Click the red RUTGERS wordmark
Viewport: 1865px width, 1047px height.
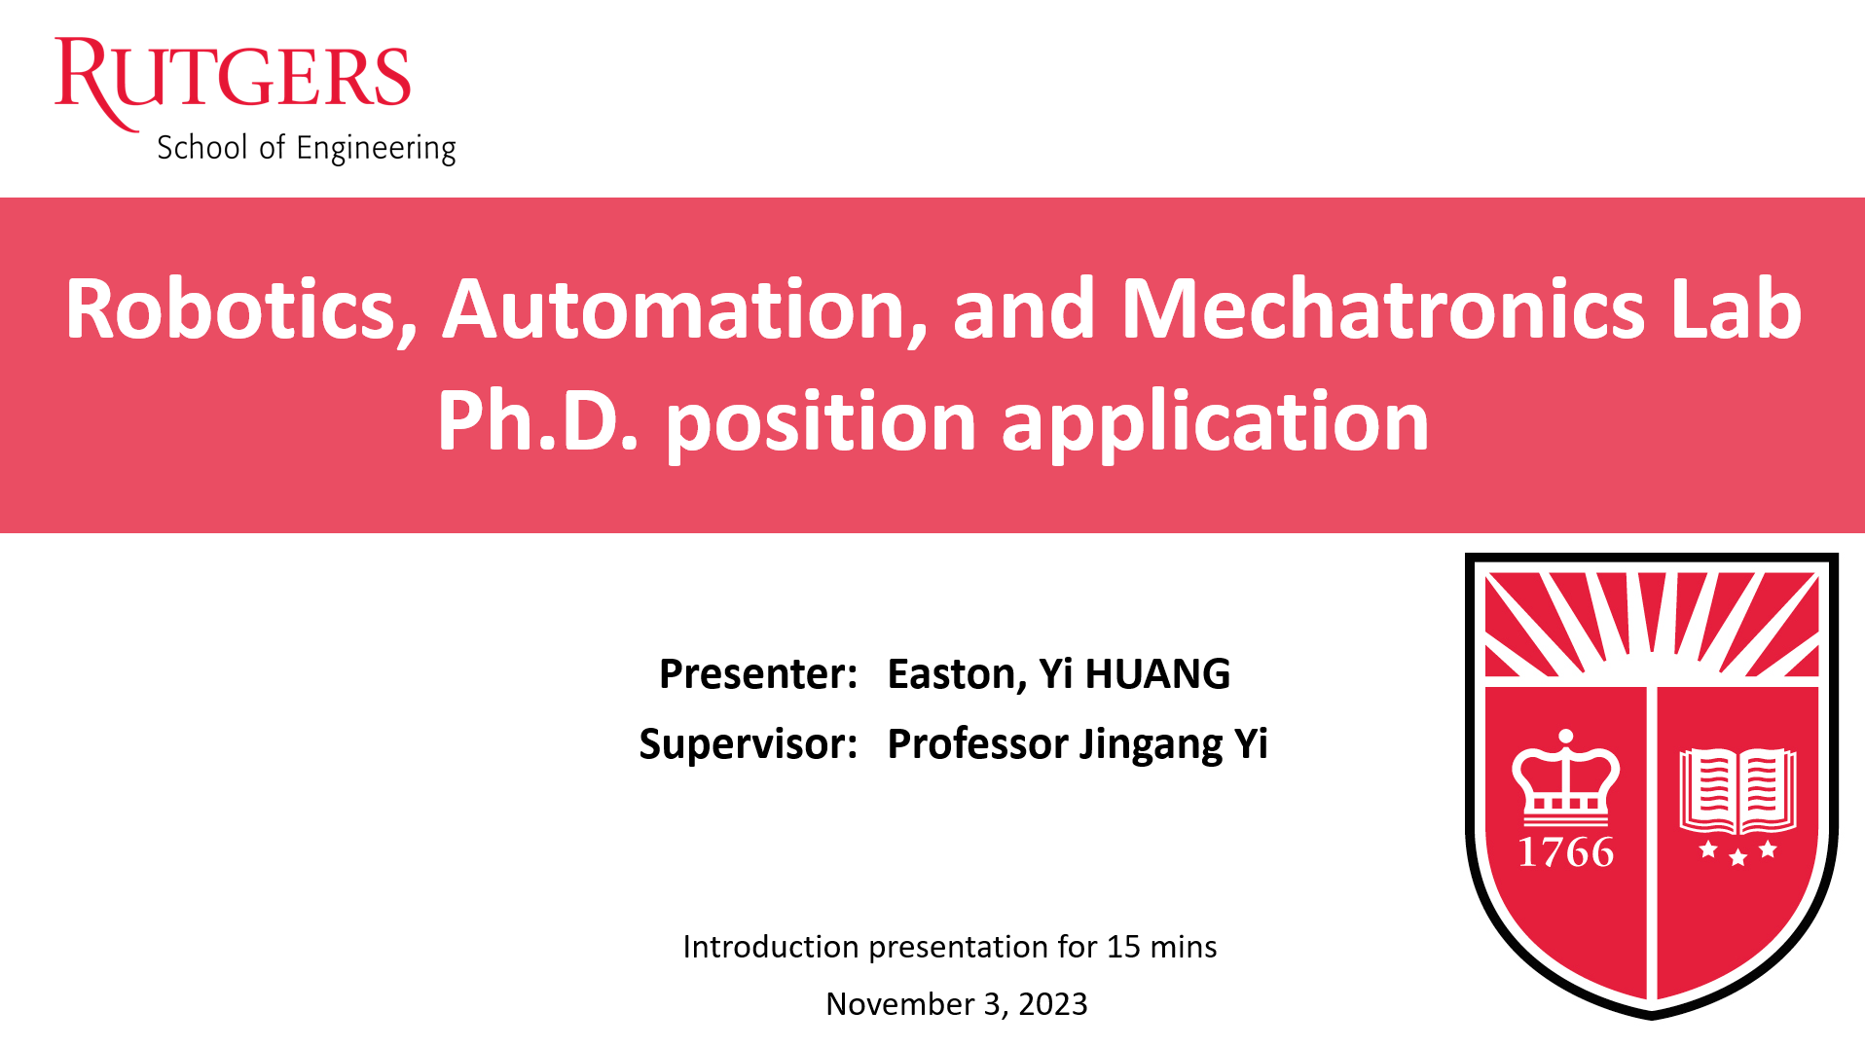(x=233, y=78)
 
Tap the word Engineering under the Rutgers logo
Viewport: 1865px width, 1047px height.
(x=376, y=149)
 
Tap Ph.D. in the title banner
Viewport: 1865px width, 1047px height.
(x=538, y=420)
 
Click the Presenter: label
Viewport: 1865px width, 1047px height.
(x=758, y=674)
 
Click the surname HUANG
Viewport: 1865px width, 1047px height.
(x=1157, y=674)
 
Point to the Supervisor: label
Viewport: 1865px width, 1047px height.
(x=749, y=744)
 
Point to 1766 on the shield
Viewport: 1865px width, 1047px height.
(x=1566, y=852)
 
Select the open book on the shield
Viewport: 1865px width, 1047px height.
(x=1737, y=791)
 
